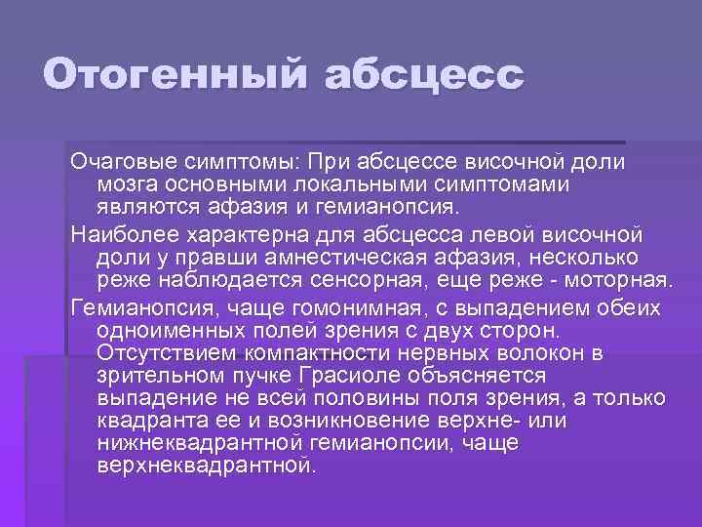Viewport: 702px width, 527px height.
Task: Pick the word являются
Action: pyautogui.click(x=147, y=207)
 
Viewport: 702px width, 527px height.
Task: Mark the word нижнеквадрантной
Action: pyautogui.click(x=203, y=444)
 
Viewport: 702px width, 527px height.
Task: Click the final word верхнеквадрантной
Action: pyautogui.click(x=205, y=466)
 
